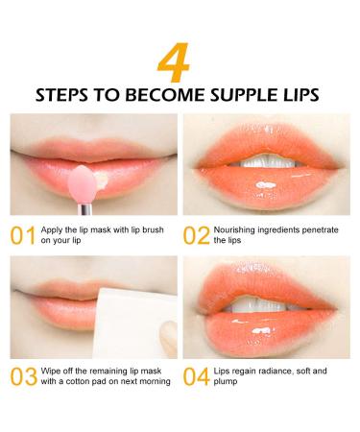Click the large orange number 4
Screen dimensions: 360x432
[174, 62]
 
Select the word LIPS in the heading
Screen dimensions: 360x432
[300, 95]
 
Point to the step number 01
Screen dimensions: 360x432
[23, 235]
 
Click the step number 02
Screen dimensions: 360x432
[196, 235]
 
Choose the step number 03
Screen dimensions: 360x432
[24, 376]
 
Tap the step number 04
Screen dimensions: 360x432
[197, 376]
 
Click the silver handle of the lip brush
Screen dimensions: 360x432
[85, 209]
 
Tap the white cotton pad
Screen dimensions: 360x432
[134, 324]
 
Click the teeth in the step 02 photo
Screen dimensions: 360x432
[266, 161]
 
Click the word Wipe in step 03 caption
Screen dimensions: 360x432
[51, 372]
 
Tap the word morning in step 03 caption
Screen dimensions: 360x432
[156, 382]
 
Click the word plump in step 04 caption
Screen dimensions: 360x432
[226, 382]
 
